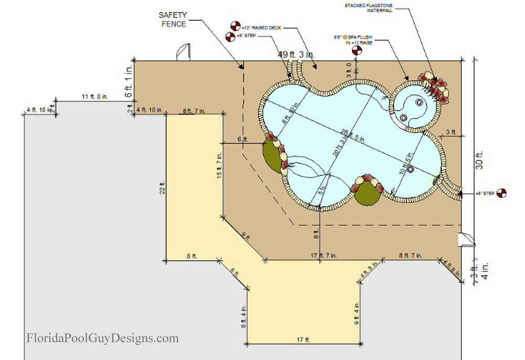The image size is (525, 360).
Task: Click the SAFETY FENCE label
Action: point(173,19)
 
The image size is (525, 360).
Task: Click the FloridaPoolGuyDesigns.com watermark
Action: point(102,338)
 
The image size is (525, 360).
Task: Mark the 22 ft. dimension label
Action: point(163,188)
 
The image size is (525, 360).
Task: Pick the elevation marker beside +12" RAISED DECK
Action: point(235,25)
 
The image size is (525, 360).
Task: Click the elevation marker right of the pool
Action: point(502,193)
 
